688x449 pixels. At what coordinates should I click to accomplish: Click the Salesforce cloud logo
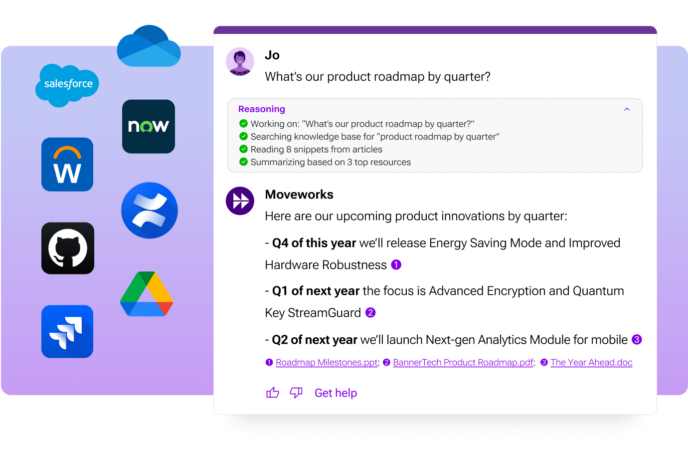coord(67,85)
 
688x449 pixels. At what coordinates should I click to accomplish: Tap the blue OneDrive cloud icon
coord(149,47)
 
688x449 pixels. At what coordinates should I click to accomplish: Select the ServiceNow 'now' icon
coord(149,126)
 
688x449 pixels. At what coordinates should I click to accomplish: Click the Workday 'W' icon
coord(67,165)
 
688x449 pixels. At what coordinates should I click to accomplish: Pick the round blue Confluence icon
coord(150,211)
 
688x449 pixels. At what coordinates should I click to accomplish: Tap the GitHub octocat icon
coord(68,248)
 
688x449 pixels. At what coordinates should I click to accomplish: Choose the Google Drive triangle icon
coord(147,294)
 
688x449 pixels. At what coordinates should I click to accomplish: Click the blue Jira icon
coord(67,332)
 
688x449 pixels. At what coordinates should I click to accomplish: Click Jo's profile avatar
coord(240,62)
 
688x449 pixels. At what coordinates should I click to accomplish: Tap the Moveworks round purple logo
coord(240,201)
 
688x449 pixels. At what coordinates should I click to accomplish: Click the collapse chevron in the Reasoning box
coord(627,109)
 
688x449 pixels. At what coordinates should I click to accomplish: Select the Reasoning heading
coord(262,109)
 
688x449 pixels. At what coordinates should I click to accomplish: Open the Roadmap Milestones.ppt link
coord(327,363)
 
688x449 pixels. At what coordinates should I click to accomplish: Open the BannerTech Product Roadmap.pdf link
coord(463,363)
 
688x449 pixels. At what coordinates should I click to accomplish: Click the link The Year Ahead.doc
coord(591,363)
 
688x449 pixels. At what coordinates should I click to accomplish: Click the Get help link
coord(336,393)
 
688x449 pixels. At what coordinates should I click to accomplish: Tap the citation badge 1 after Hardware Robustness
coord(396,265)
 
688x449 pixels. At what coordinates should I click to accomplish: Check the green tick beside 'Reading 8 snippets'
coord(243,149)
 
